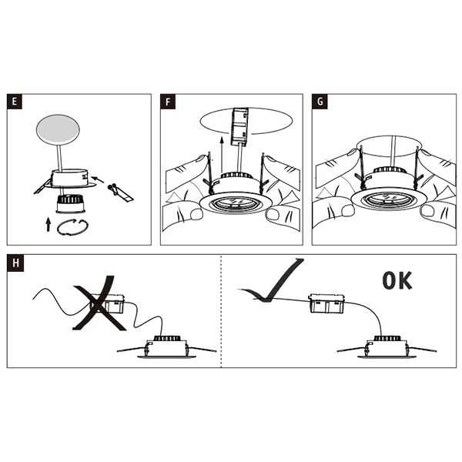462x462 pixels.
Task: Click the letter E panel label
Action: [x=13, y=102]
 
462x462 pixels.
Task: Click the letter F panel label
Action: [x=169, y=102]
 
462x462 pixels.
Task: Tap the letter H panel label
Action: [x=13, y=263]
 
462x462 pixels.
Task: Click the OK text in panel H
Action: [x=397, y=280]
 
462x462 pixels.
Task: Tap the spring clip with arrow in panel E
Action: [x=117, y=189]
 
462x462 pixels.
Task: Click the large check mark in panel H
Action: [x=273, y=281]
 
